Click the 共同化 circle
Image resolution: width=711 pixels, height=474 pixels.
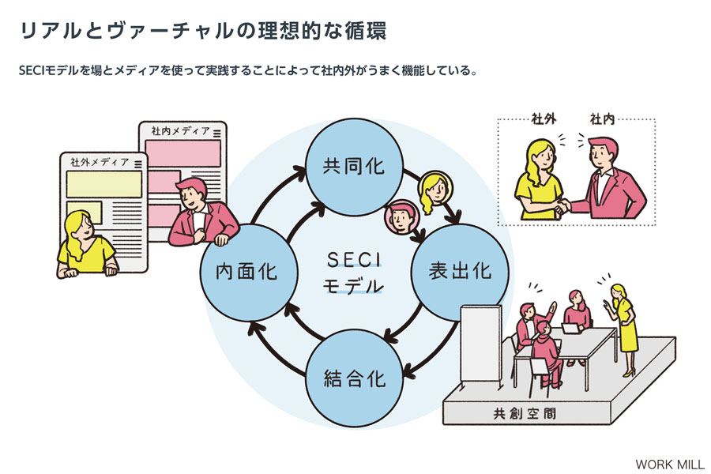(x=354, y=167)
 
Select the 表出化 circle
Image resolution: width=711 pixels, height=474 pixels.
(x=460, y=271)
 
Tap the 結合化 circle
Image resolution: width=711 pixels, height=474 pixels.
(x=354, y=378)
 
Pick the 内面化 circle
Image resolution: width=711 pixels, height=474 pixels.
(x=249, y=272)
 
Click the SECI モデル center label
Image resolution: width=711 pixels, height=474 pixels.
(x=354, y=273)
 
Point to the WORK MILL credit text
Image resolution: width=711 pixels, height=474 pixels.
(x=669, y=465)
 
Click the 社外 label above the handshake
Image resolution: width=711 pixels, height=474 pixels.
(x=544, y=118)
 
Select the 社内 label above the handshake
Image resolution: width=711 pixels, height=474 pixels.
(x=602, y=118)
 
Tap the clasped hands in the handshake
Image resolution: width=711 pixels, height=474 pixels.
(x=563, y=206)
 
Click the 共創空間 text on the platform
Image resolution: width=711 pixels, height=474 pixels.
(x=525, y=413)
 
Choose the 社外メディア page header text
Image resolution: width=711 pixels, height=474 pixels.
(x=100, y=162)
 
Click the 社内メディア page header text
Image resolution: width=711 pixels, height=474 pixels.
(x=180, y=131)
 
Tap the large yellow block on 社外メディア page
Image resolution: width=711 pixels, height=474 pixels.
(x=104, y=184)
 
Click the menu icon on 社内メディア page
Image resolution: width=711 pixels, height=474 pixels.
(x=217, y=133)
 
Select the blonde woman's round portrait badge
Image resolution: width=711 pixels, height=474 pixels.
(x=435, y=188)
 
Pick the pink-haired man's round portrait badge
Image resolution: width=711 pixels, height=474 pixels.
(x=401, y=216)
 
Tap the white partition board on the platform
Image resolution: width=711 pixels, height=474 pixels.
(x=480, y=344)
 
